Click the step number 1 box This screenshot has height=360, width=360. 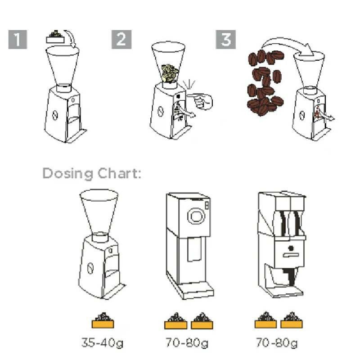click(18, 39)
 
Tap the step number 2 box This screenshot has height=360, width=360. click(121, 39)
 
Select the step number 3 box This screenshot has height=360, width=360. click(226, 39)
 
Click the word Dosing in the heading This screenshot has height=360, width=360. click(68, 174)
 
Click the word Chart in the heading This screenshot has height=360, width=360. click(119, 173)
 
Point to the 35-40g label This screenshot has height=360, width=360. click(103, 343)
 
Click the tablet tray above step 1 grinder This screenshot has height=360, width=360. click(55, 38)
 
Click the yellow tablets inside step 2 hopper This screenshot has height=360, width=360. click(169, 73)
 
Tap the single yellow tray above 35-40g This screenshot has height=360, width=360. click(103, 320)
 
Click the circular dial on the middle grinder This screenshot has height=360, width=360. click(196, 216)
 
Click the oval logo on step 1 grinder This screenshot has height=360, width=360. click(54, 115)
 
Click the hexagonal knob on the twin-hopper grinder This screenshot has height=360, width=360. click(291, 248)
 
